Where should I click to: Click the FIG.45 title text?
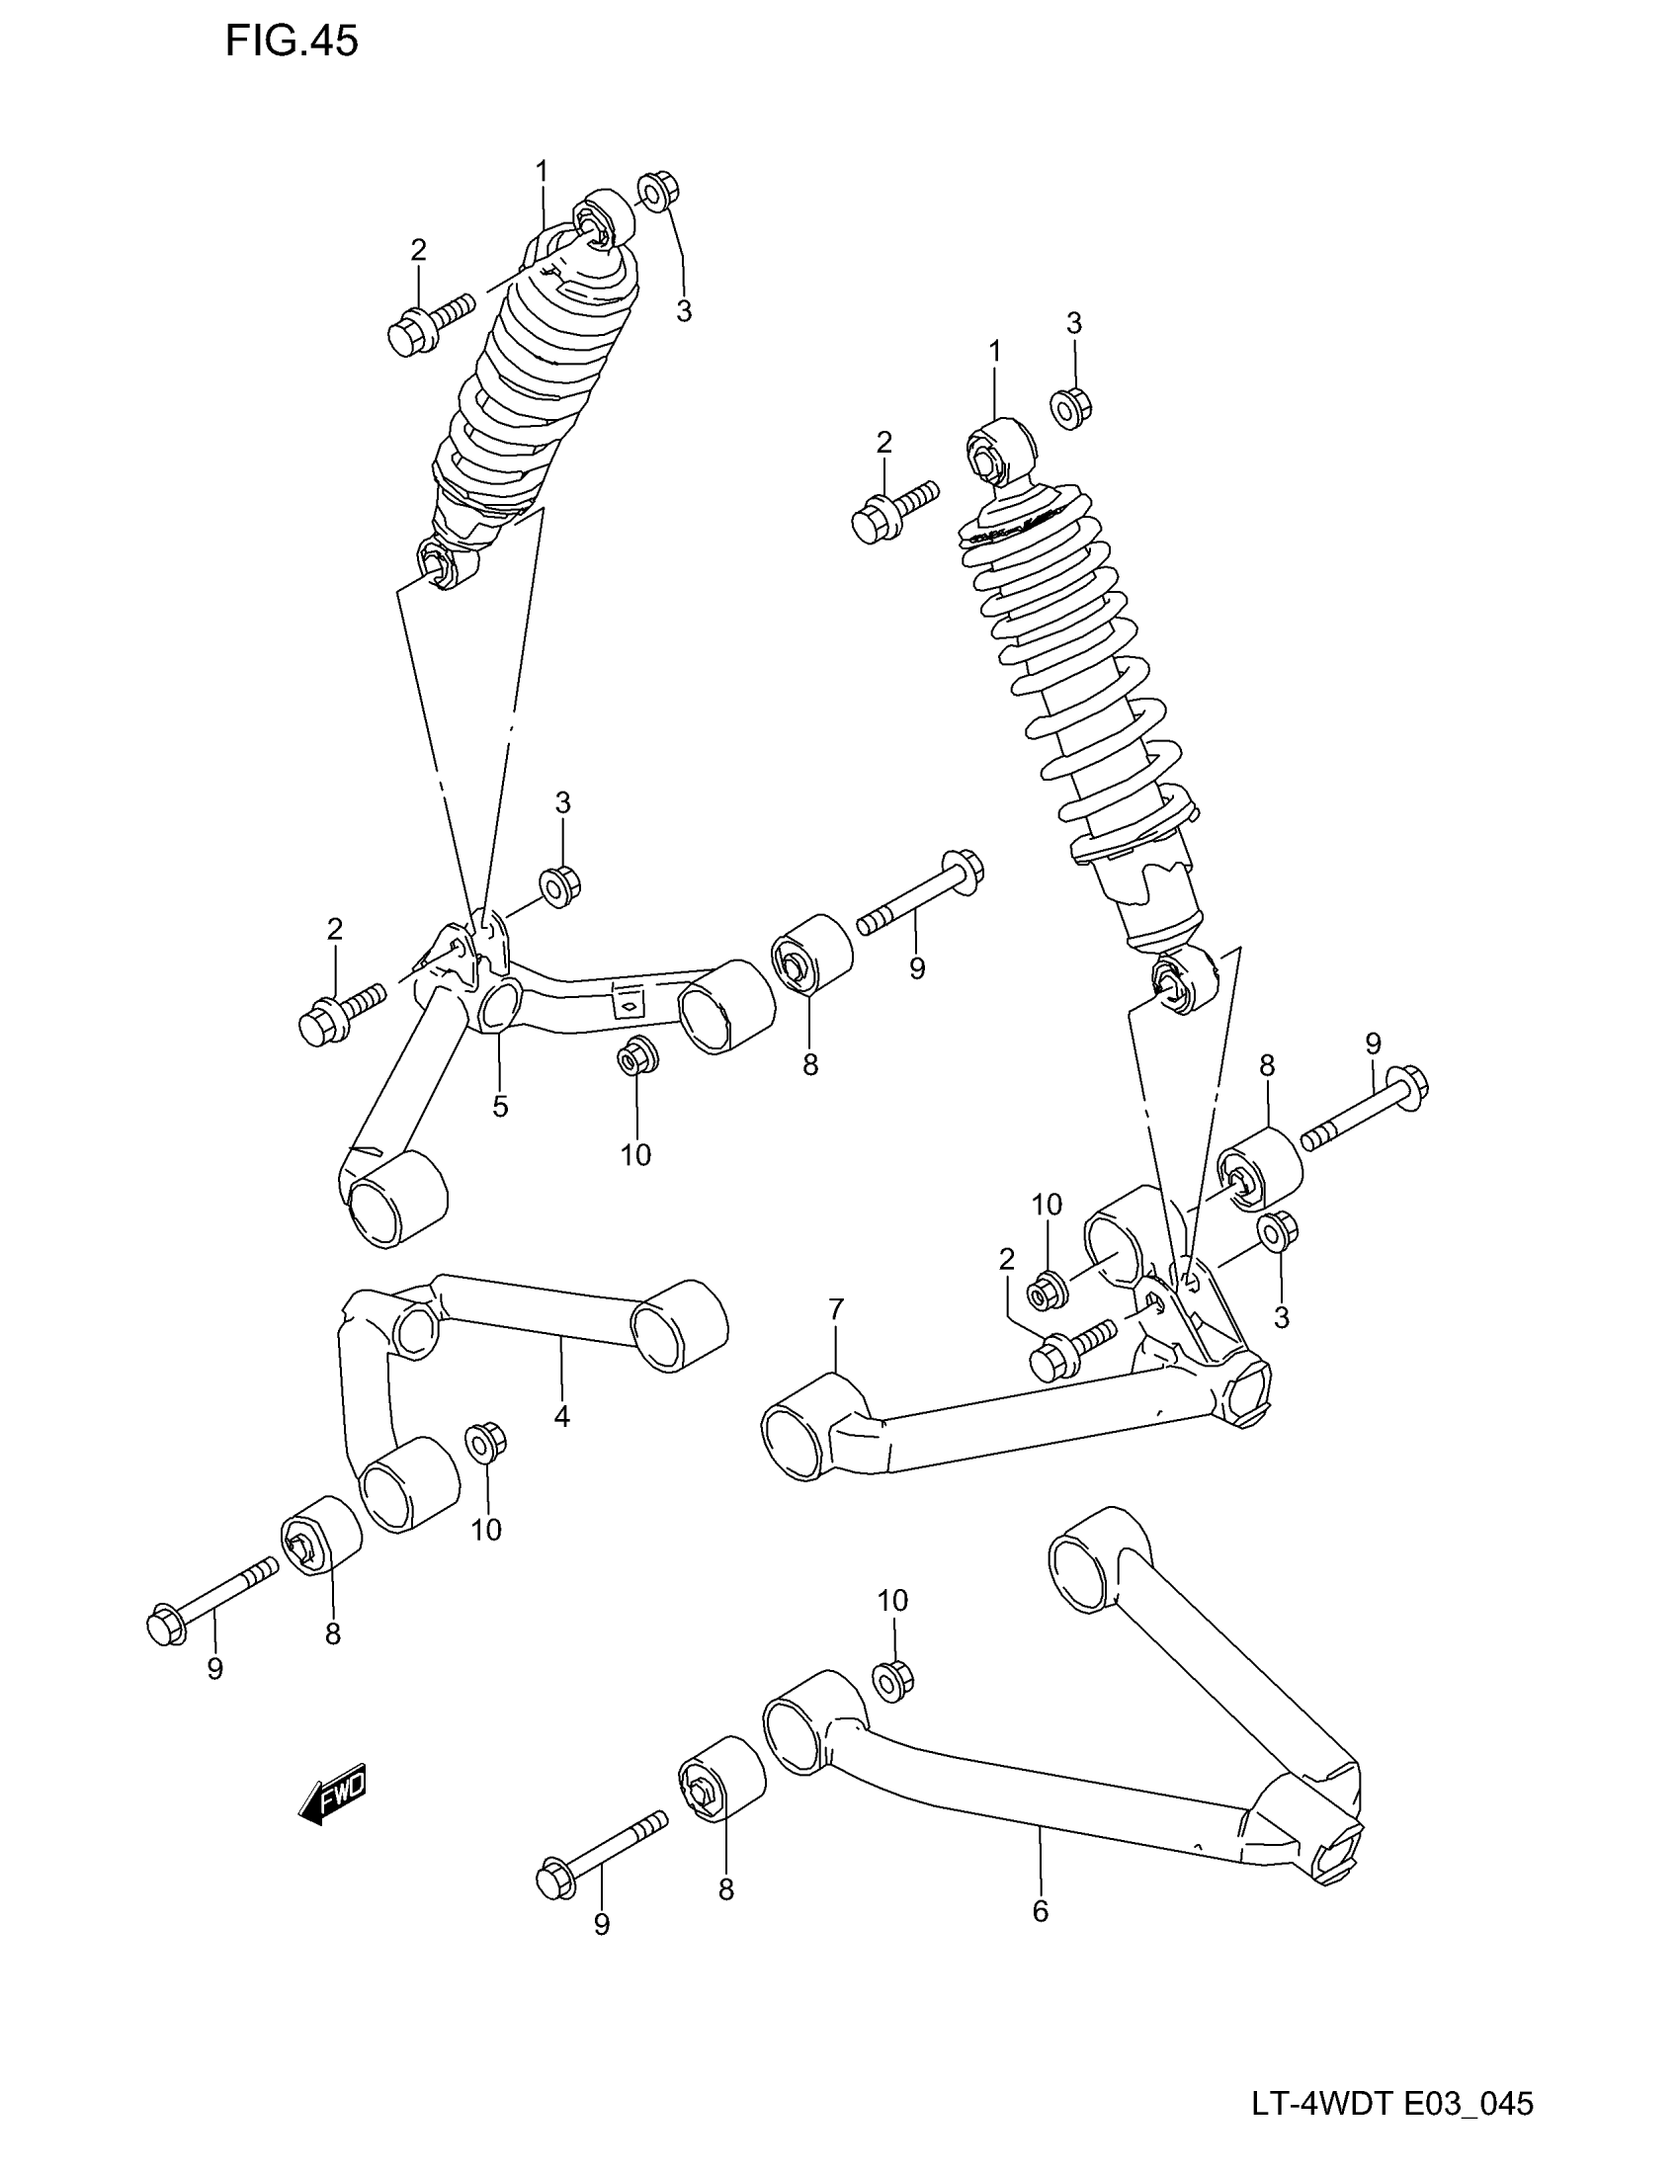[x=292, y=42]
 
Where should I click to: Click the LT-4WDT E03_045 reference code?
[x=1392, y=2104]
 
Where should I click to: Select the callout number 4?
[x=561, y=1416]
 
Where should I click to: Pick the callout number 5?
[x=500, y=1106]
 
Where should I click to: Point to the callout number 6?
[x=1040, y=1911]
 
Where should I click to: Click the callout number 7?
[x=836, y=1311]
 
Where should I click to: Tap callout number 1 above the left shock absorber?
[x=543, y=172]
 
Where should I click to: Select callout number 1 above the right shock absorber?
[x=994, y=351]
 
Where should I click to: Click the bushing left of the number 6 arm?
[x=721, y=1781]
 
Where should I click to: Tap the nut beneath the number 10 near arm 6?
[x=892, y=1679]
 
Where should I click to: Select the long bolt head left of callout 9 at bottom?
[x=551, y=1880]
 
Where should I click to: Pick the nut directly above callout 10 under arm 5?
[x=635, y=1056]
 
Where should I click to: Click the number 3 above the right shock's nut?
[x=1074, y=322]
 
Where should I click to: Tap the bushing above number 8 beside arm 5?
[x=812, y=954]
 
